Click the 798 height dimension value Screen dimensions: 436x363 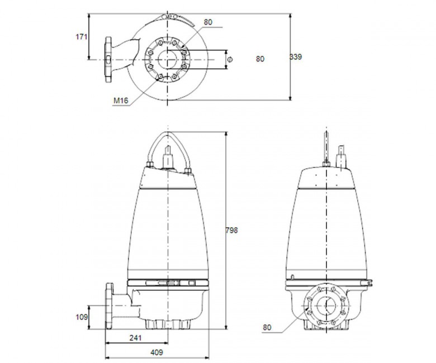coord(231,230)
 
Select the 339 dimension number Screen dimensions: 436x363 coord(296,57)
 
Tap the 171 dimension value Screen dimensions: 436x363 coord(82,37)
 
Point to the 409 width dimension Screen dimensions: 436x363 coord(157,352)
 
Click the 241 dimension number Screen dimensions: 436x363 coord(135,338)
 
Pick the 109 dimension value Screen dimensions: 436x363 coord(82,317)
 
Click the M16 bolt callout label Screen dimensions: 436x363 coord(121,101)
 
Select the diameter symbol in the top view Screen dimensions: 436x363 coord(230,59)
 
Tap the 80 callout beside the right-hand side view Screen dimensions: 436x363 coord(267,328)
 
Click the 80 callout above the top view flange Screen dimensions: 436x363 coord(208,22)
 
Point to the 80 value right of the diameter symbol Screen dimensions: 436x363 coord(260,59)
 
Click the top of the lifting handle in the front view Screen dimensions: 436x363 coord(168,133)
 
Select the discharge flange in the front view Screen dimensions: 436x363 coord(110,306)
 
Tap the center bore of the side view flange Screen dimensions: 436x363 coord(326,306)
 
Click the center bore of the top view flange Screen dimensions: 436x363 coord(167,59)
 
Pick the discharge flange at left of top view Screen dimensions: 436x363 coord(108,59)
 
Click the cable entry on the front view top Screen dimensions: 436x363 coord(168,157)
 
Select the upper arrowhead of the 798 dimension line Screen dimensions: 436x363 coord(226,135)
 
